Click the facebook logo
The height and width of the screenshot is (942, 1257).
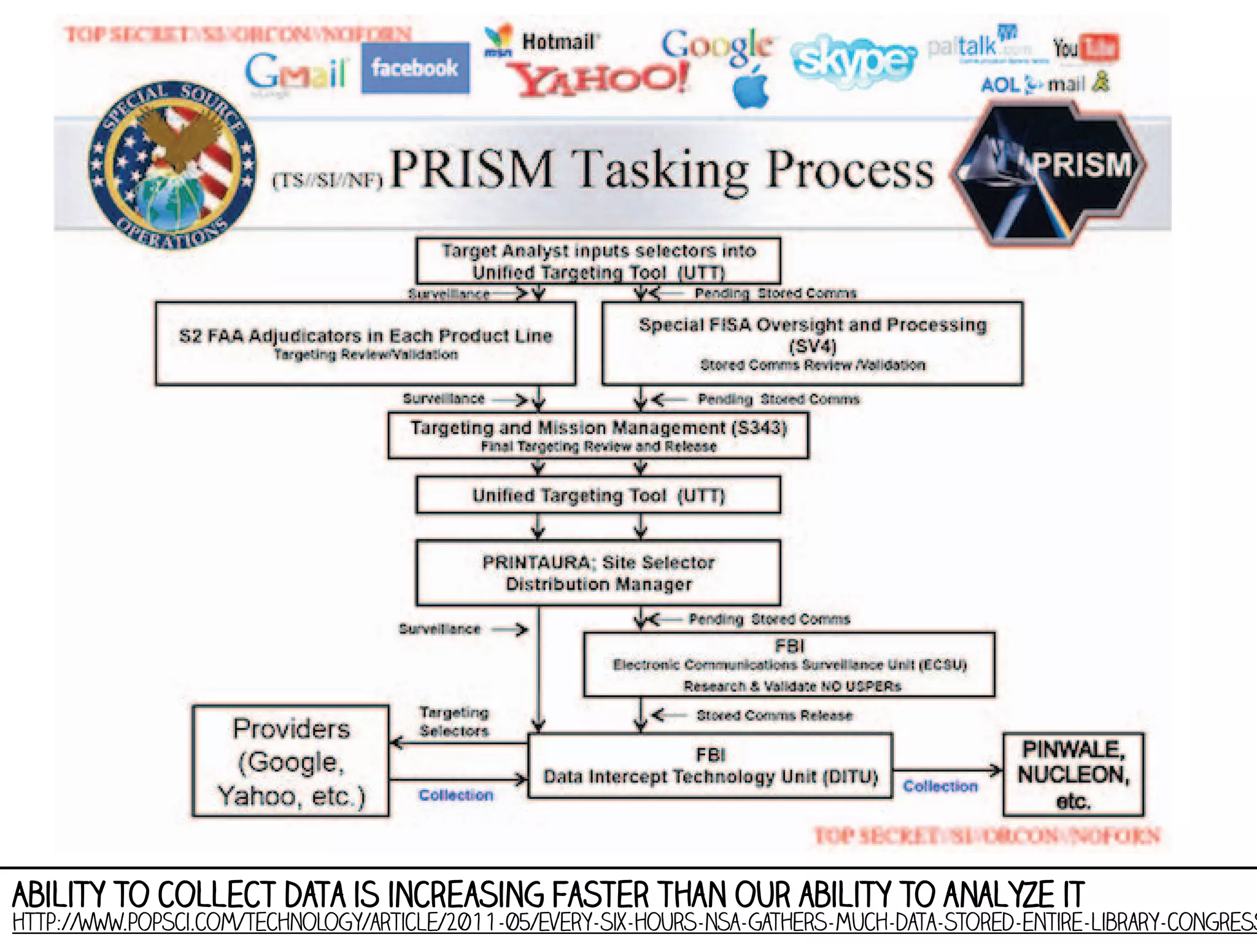pos(415,68)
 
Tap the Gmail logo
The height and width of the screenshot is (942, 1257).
pos(296,72)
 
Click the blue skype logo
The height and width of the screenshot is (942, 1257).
pos(853,60)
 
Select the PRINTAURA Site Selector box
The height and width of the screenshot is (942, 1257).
pos(598,573)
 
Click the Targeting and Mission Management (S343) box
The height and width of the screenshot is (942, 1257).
pos(598,436)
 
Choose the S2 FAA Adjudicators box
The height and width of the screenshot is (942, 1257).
pos(366,343)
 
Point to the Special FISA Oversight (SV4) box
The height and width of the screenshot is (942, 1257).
pos(813,343)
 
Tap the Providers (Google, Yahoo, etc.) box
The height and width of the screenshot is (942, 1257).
pos(291,761)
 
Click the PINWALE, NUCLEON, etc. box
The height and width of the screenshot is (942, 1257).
pos(1073,774)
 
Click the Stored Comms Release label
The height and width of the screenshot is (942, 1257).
pos(774,716)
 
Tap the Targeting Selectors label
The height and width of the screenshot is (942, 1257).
pos(454,722)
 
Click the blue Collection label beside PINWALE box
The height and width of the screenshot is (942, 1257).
pos(940,786)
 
